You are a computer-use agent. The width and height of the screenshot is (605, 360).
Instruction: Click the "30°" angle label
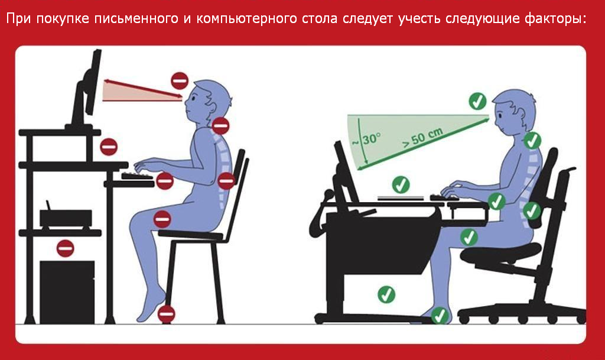point(372,139)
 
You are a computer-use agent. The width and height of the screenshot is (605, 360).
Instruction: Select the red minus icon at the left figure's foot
point(167,314)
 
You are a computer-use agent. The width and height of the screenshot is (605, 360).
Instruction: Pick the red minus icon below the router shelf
point(65,248)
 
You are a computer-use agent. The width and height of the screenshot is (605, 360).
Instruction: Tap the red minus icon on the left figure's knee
point(162,219)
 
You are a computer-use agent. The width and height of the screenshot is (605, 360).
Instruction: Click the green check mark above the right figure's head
point(477,101)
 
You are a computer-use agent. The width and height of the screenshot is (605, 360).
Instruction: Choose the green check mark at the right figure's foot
point(440,316)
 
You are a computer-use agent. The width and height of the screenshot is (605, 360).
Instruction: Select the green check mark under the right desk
point(386,294)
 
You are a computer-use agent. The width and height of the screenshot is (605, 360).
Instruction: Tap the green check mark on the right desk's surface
point(401,184)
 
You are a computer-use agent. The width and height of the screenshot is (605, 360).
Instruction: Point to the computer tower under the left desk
point(67,291)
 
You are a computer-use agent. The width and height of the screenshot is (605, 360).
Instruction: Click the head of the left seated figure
point(207,99)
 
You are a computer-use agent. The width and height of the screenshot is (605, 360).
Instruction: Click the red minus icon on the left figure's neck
point(221,125)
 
